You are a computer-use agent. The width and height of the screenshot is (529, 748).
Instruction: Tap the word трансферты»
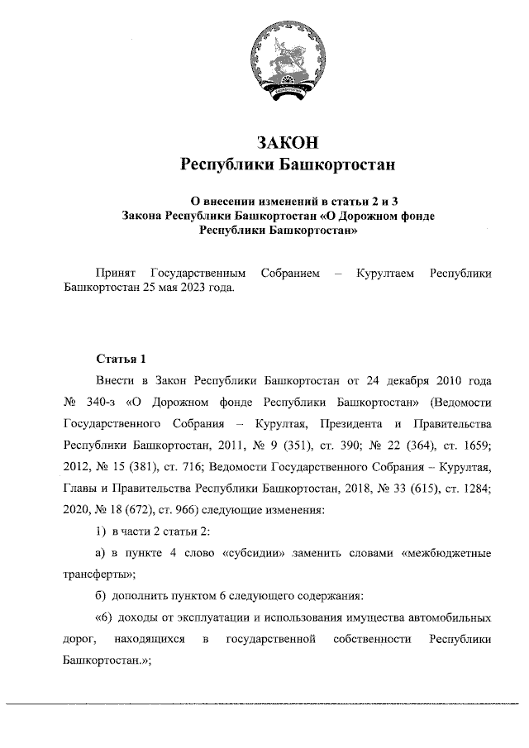pos(100,574)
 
